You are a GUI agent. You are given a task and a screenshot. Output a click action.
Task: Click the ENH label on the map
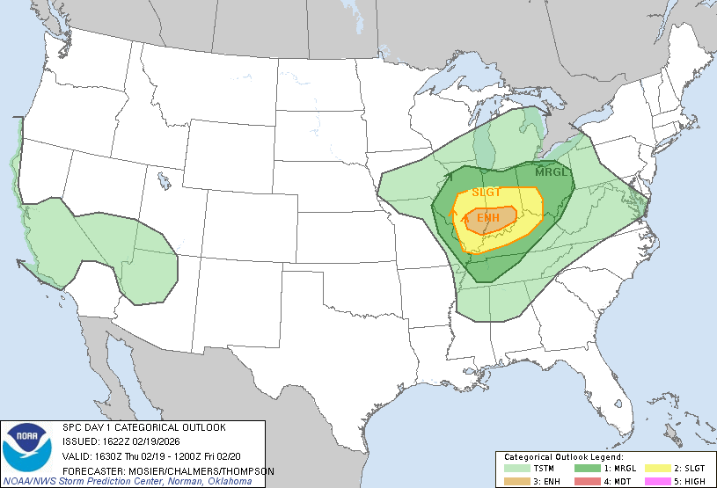pyautogui.click(x=487, y=217)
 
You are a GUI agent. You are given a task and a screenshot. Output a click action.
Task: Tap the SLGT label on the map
pyautogui.click(x=486, y=193)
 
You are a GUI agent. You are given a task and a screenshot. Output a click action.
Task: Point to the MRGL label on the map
pyautogui.click(x=552, y=171)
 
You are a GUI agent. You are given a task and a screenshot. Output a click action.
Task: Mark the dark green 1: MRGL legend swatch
pyautogui.click(x=584, y=468)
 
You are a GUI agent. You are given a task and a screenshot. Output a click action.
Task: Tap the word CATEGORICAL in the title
pyautogui.click(x=139, y=427)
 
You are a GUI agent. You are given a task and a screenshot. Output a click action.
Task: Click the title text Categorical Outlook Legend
pyautogui.click(x=563, y=457)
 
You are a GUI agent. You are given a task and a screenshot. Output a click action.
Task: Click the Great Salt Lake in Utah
pyautogui.click(x=164, y=181)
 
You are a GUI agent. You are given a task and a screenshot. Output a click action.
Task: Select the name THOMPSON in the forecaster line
pyautogui.click(x=250, y=471)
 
